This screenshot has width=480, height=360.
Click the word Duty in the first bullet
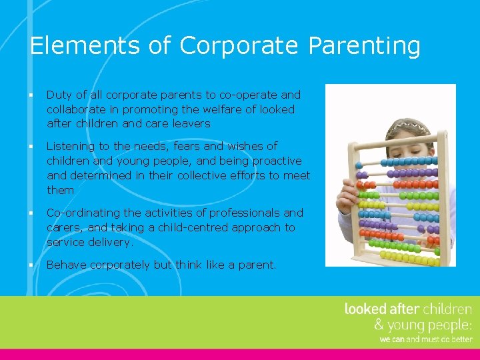point(59,95)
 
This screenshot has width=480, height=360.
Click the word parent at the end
point(255,265)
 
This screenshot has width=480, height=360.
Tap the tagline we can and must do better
point(425,339)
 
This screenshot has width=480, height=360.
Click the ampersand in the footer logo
point(379,325)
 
